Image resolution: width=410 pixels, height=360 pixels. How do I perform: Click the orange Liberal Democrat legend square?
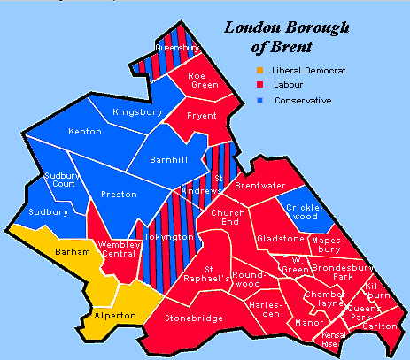coord(259,69)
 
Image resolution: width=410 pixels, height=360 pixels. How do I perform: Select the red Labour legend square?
coord(259,85)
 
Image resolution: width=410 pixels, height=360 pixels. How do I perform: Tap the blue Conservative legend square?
coord(259,101)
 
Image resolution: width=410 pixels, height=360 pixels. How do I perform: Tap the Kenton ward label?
coord(85,132)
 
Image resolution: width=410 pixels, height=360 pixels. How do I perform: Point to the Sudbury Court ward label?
coord(59,182)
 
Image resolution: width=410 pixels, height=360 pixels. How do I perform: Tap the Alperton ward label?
coord(115,316)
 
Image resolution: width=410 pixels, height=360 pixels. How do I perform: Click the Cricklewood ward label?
coord(306,211)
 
